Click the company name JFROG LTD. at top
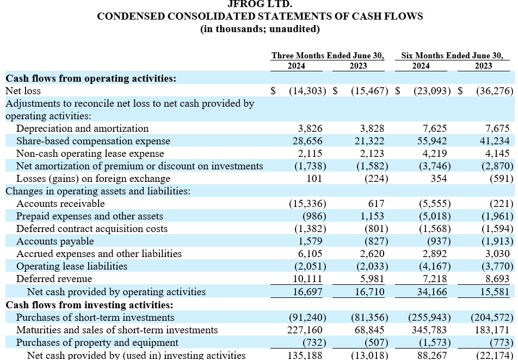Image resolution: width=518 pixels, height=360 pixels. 260,4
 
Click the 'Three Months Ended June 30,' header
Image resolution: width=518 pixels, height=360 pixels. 328,56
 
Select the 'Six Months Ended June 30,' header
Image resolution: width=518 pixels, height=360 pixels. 452,56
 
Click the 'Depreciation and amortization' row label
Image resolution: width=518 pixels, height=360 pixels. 82,129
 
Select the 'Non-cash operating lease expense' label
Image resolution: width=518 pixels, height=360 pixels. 90,154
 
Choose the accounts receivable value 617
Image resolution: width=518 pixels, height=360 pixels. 376,204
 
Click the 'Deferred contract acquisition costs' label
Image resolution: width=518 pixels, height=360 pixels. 91,229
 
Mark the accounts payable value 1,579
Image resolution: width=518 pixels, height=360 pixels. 311,241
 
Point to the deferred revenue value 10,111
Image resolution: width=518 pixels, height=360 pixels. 307,279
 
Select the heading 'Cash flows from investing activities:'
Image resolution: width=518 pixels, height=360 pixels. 89,305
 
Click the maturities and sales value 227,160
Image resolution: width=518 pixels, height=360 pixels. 305,330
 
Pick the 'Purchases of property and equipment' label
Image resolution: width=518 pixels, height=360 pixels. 97,343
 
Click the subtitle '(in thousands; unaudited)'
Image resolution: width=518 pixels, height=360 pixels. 260,29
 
